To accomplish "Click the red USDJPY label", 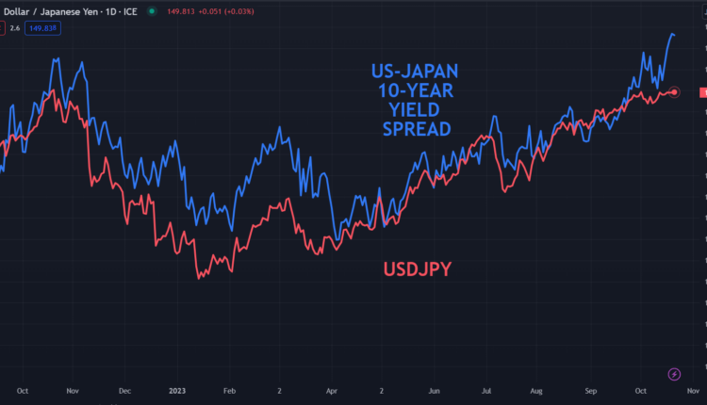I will pyautogui.click(x=417, y=270).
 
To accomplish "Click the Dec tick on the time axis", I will pyautogui.click(x=124, y=389).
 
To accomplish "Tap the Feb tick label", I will pyautogui.click(x=229, y=389).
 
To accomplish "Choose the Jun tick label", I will pyautogui.click(x=435, y=389).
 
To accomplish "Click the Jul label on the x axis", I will pyautogui.click(x=485, y=389).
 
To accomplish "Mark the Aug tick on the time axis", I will pyautogui.click(x=537, y=389).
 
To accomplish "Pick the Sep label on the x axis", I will pyautogui.click(x=591, y=389).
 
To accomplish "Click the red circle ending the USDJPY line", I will pyautogui.click(x=674, y=91).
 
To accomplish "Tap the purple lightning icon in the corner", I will pyautogui.click(x=674, y=374).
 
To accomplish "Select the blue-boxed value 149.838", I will pyautogui.click(x=42, y=28).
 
